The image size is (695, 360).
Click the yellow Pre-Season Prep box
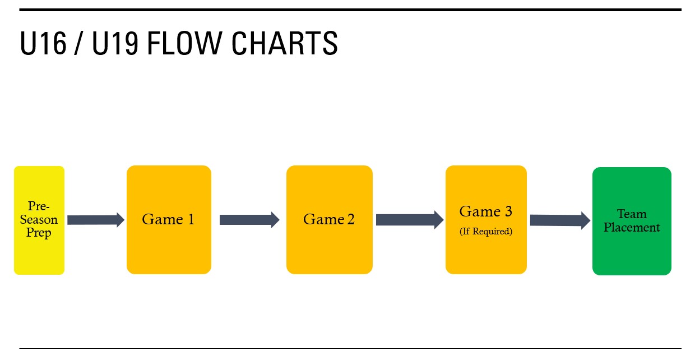(x=39, y=220)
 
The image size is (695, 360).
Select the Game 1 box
(x=169, y=220)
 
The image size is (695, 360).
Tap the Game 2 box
(x=329, y=220)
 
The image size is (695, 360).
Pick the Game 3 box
(x=486, y=220)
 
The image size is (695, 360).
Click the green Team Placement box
(x=632, y=221)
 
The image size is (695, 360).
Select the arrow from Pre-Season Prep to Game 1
(x=96, y=220)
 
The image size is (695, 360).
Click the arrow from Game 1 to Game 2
(x=249, y=220)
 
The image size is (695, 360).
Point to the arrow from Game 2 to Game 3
(x=410, y=220)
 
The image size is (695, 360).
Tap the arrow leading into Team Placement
(x=560, y=220)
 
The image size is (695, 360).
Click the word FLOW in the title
(x=184, y=43)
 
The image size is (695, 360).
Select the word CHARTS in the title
(x=285, y=43)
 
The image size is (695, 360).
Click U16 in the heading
(x=43, y=43)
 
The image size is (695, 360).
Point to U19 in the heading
(x=115, y=43)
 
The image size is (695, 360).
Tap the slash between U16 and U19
(x=79, y=43)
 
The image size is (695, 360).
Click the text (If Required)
(x=486, y=231)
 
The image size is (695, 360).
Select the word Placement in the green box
(x=632, y=228)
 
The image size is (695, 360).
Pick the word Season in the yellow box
(x=39, y=219)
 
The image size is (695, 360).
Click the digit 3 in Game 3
(x=508, y=211)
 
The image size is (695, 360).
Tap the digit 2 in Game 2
(x=351, y=219)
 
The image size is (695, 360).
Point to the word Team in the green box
(x=632, y=214)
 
